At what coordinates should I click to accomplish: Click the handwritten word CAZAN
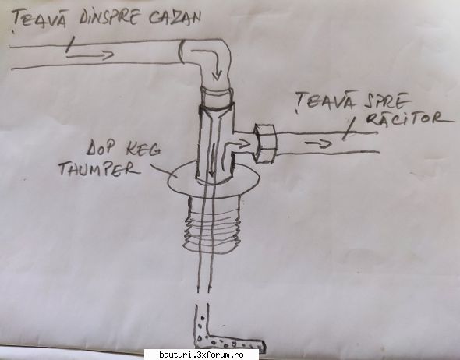coord(175,18)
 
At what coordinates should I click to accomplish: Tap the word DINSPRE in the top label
coord(109,17)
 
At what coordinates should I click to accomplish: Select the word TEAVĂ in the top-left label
coord(39,19)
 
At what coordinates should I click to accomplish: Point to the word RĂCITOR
coord(410,118)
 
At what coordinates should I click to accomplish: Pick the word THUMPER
coord(99,168)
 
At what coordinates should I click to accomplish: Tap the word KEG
coord(143,150)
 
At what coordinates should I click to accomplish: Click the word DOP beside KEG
coord(100,148)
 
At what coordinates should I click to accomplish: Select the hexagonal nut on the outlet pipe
coord(266,143)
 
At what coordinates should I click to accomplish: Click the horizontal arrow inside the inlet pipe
coord(90,55)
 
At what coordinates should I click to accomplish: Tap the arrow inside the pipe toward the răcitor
coord(319,143)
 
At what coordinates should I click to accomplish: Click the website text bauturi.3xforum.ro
coord(202,355)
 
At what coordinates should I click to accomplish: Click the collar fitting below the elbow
coord(217,97)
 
